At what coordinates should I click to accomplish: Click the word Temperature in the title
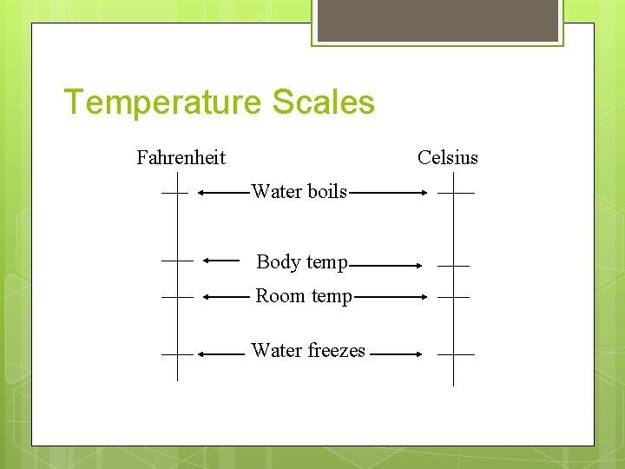click(x=162, y=102)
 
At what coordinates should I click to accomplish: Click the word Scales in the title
click(x=323, y=102)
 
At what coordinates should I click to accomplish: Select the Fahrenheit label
click(x=181, y=157)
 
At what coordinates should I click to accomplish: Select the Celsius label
click(x=447, y=157)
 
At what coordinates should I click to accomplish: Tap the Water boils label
click(x=299, y=192)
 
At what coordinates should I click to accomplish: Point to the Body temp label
click(x=302, y=261)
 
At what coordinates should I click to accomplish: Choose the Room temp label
click(x=304, y=296)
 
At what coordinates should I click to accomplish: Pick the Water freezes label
click(x=308, y=351)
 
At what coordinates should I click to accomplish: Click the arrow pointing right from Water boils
click(x=387, y=193)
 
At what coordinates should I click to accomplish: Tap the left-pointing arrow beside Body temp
click(x=221, y=259)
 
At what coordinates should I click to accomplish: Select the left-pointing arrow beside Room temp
click(x=227, y=296)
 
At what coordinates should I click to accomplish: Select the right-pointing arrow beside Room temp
click(x=391, y=296)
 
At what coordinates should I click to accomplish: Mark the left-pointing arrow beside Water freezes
click(x=221, y=354)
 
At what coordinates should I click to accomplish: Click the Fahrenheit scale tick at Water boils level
click(x=174, y=193)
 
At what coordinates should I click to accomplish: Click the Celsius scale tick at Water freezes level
click(x=456, y=354)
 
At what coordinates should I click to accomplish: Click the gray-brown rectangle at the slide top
click(x=437, y=19)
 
